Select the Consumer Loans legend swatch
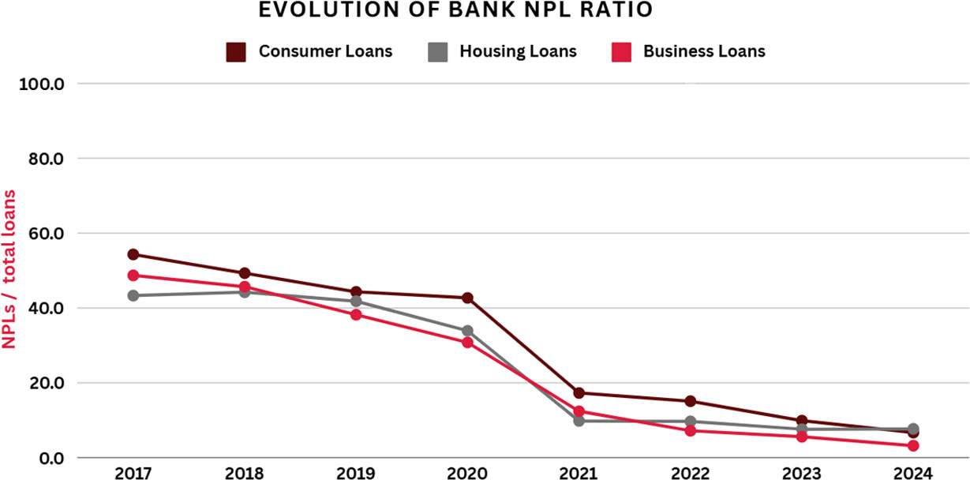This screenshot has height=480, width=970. [236, 52]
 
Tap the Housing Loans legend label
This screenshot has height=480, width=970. [518, 52]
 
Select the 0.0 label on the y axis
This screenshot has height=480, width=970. [55, 458]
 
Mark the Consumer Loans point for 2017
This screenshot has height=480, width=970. [133, 254]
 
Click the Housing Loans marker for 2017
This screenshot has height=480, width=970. [133, 295]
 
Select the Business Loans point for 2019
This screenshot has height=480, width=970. [356, 314]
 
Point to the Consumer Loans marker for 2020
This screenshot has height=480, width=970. [467, 298]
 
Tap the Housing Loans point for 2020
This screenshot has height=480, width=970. [467, 331]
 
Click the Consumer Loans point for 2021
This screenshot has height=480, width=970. [579, 392]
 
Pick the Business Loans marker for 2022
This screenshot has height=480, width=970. [690, 430]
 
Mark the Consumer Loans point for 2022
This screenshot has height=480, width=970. [690, 401]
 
